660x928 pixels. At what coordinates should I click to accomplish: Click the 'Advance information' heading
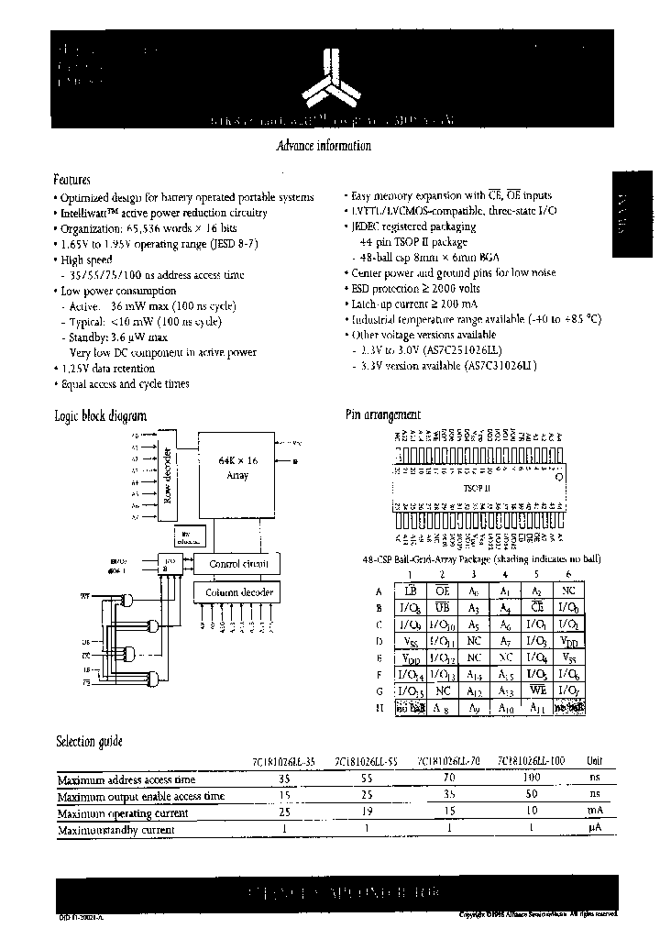point(324,147)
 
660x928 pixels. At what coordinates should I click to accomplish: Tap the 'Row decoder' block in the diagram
point(167,475)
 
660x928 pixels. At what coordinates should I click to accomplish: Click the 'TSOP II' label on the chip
point(477,490)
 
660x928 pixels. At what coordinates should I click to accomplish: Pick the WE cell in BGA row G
point(537,690)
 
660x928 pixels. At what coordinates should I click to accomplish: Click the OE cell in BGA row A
point(442,591)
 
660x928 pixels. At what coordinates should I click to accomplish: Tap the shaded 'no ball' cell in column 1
point(410,708)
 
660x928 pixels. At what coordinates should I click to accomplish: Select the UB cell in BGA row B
point(442,608)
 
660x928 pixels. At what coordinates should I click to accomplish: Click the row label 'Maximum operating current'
point(123,813)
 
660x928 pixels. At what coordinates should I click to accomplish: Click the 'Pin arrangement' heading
point(383,415)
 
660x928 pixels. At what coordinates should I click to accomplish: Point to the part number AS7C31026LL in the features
point(477,365)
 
